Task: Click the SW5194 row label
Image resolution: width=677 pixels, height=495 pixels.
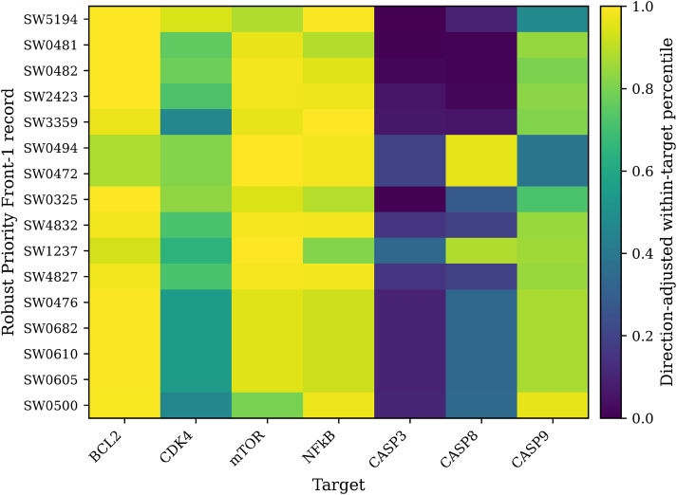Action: [x=50, y=19]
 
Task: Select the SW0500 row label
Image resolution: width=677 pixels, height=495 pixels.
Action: [x=50, y=405]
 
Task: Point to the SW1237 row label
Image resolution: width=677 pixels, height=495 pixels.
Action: [x=50, y=251]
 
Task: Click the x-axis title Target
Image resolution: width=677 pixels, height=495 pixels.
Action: [x=338, y=485]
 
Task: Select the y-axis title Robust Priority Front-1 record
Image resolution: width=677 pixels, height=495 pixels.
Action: [x=9, y=212]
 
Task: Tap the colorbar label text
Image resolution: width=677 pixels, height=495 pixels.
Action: [x=668, y=212]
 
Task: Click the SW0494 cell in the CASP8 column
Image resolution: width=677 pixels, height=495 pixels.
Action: [x=481, y=148]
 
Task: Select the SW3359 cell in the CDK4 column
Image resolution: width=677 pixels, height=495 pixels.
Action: [x=196, y=122]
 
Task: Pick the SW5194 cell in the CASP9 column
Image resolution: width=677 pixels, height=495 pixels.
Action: [x=553, y=19]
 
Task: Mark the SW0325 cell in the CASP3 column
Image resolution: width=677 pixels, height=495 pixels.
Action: [x=410, y=199]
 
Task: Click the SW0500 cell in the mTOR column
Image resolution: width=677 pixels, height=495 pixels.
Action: [x=267, y=405]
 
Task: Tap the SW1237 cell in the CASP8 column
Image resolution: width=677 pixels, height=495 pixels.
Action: [x=481, y=251]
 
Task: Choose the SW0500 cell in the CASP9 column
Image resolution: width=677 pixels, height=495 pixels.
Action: [x=553, y=405]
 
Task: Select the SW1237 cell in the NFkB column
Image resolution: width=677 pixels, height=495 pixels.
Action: [x=338, y=251]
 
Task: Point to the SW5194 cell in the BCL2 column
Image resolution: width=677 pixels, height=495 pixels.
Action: [x=124, y=19]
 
